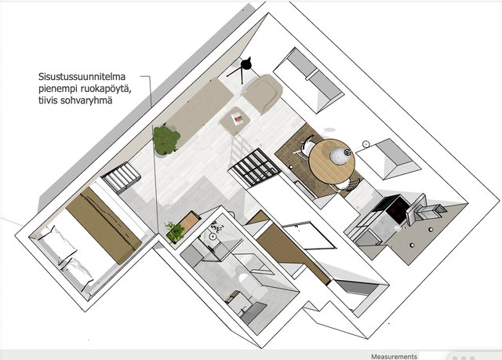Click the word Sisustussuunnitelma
pyautogui.click(x=82, y=77)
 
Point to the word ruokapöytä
pyautogui.click(x=105, y=89)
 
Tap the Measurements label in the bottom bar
pyautogui.click(x=394, y=357)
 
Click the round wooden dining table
pyautogui.click(x=331, y=162)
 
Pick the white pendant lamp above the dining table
pyautogui.click(x=340, y=155)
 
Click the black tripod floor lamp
pyautogui.click(x=242, y=68)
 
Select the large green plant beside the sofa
pyautogui.click(x=166, y=140)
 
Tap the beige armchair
pyautogui.click(x=264, y=93)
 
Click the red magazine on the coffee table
pyautogui.click(x=238, y=120)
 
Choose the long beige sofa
pyautogui.click(x=200, y=110)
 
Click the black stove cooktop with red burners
pyautogui.click(x=398, y=209)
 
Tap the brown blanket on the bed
pyautogui.click(x=104, y=225)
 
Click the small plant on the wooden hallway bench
pyautogui.click(x=175, y=231)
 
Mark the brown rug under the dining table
pyautogui.click(x=317, y=160)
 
